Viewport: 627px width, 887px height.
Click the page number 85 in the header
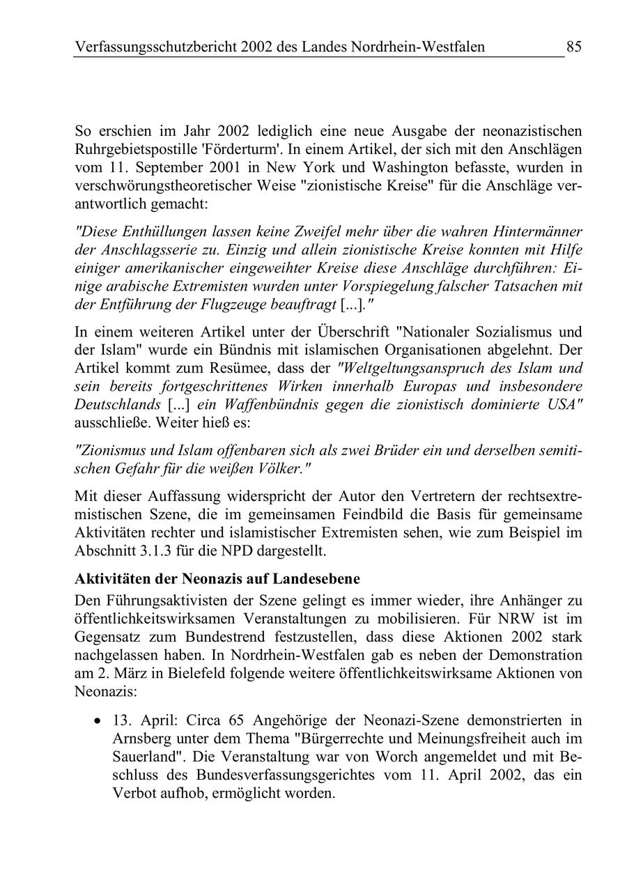click(573, 47)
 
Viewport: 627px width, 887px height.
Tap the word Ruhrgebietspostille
click(132, 150)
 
